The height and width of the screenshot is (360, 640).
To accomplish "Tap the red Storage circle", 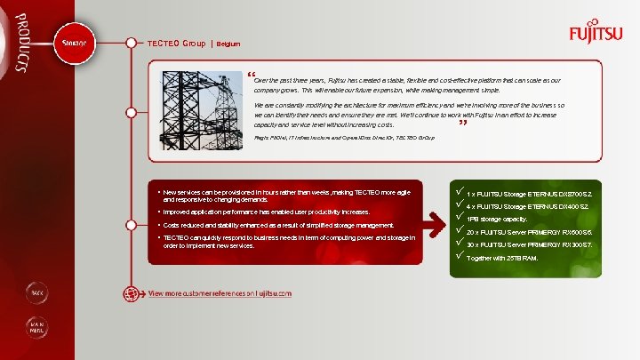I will (x=73, y=44).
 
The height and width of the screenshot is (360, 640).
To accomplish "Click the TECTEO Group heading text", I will (x=176, y=44).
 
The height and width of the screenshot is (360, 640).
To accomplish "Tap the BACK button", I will (x=37, y=292).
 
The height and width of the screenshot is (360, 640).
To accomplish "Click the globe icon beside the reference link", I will (x=134, y=293).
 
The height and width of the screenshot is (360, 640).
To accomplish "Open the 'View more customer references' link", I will (x=220, y=293).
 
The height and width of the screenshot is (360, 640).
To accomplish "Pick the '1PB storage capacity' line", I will (x=497, y=219).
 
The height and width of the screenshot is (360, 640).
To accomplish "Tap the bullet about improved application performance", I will (x=267, y=212).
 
